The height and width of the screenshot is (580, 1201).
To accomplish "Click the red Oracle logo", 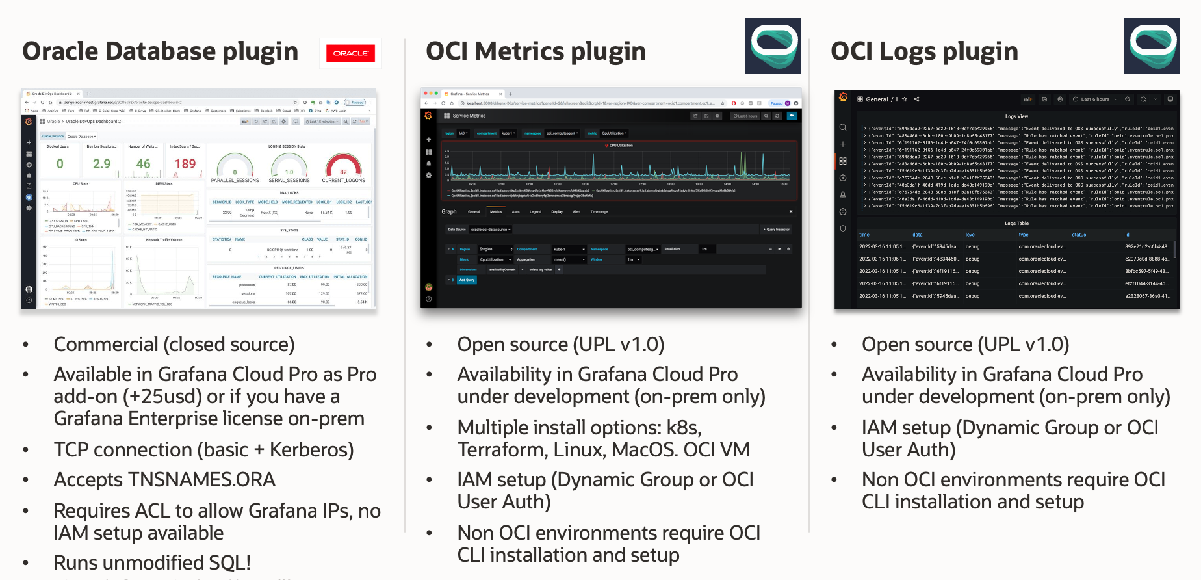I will (350, 53).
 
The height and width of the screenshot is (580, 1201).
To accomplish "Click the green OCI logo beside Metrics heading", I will (773, 46).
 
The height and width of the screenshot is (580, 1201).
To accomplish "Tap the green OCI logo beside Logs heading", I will (1152, 46).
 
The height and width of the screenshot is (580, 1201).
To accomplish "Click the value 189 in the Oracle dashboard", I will (185, 164).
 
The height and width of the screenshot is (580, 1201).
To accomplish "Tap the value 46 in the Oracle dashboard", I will (143, 164).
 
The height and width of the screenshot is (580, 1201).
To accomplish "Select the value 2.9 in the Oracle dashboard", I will (101, 164).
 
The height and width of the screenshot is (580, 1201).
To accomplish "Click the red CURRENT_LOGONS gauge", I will (343, 166).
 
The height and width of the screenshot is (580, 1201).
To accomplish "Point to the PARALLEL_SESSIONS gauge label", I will (235, 181).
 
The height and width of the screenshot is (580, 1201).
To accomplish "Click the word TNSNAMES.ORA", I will (201, 480).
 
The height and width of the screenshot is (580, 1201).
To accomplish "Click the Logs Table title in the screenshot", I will (1016, 223).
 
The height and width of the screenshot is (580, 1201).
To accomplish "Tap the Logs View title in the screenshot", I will (1016, 116).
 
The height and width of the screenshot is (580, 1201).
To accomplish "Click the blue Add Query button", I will (467, 280).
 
